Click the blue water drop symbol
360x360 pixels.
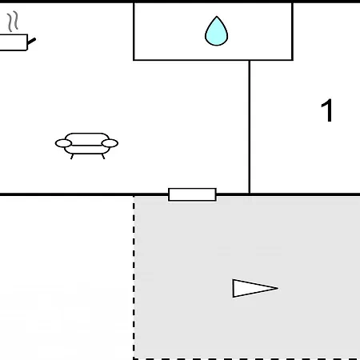[x=216, y=31]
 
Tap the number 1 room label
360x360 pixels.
[x=327, y=110]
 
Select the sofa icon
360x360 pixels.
[x=86, y=146]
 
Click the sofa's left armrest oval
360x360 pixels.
[x=63, y=143]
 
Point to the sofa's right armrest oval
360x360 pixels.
[x=110, y=143]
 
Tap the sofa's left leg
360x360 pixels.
[x=72, y=157]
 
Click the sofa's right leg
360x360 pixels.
[x=103, y=157]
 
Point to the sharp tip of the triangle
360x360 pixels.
[x=278, y=288]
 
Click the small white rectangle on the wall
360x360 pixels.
[x=192, y=194]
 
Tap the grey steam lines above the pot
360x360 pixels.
[x=13, y=22]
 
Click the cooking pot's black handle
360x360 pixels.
[x=31, y=42]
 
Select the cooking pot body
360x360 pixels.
[x=14, y=42]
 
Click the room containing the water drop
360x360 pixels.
[x=213, y=31]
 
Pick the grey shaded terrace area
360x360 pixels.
[x=247, y=278]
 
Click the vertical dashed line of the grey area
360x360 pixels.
[x=134, y=278]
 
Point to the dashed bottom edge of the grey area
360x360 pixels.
[x=246, y=359]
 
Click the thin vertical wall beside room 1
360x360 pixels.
[x=250, y=127]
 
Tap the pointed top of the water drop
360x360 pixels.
[x=217, y=16]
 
